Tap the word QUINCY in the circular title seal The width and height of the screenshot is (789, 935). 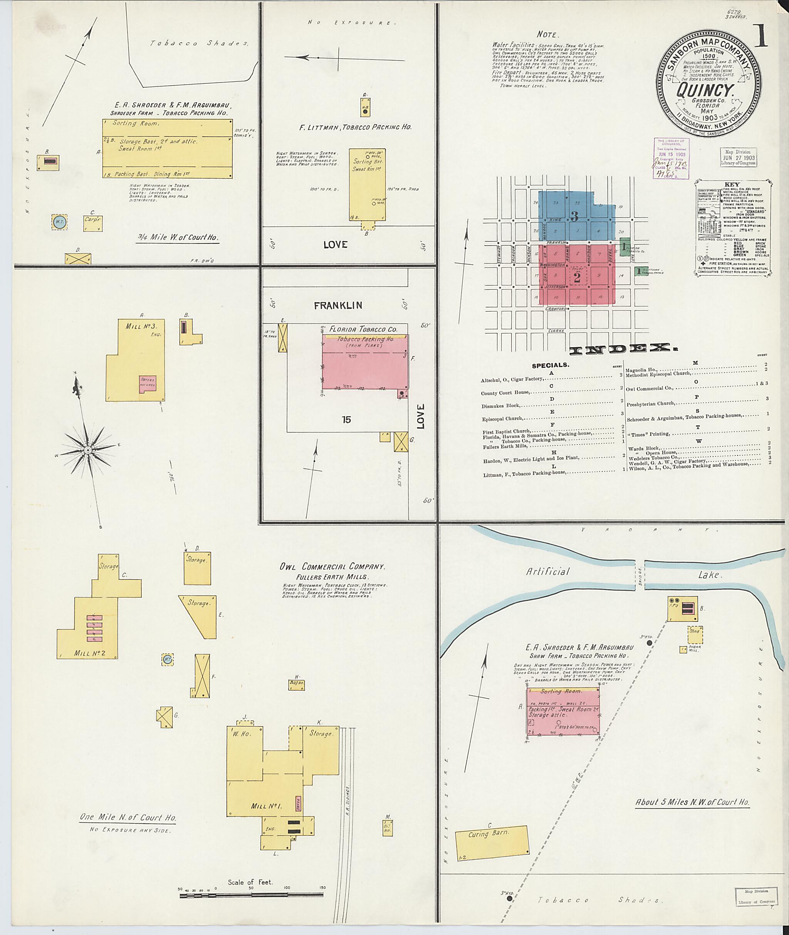point(706,90)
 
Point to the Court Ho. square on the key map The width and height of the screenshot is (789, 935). point(577,277)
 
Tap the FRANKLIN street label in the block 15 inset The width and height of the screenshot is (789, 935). point(338,306)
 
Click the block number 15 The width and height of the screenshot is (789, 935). point(346,420)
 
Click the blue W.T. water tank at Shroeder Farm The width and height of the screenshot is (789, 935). point(59,221)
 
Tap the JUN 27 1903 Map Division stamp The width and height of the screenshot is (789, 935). point(739,157)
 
